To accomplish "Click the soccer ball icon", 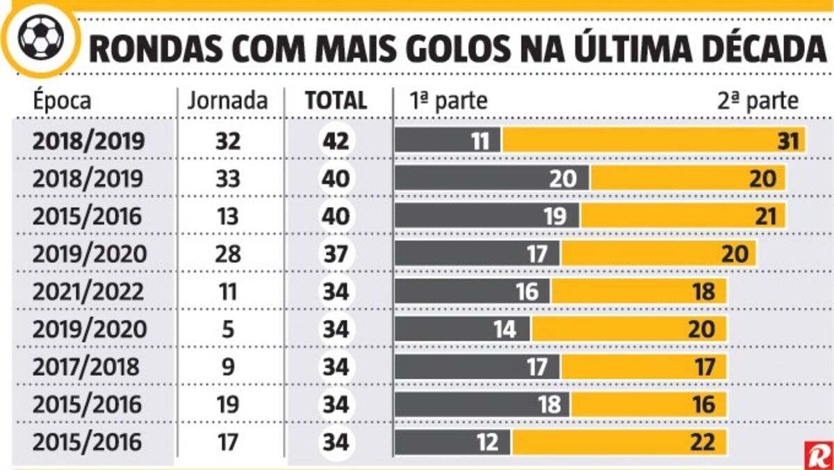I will [41, 37].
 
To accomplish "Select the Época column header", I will [62, 101].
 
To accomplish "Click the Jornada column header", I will [227, 101].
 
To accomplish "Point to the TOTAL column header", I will [336, 101].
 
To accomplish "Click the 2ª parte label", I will [758, 101].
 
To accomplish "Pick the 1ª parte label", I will [449, 101].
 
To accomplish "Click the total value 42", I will [336, 140].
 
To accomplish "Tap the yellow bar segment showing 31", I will [653, 140].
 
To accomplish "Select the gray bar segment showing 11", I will [448, 140].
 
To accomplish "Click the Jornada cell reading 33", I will [227, 179].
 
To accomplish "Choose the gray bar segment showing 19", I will [487, 216].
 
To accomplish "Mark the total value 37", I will [336, 254].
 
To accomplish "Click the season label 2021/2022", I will [89, 291].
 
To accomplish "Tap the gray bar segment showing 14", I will [463, 329].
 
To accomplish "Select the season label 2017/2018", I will [87, 366].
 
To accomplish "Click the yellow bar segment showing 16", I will [648, 404].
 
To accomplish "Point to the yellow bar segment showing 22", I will [619, 442].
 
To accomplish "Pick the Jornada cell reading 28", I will [227, 254].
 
